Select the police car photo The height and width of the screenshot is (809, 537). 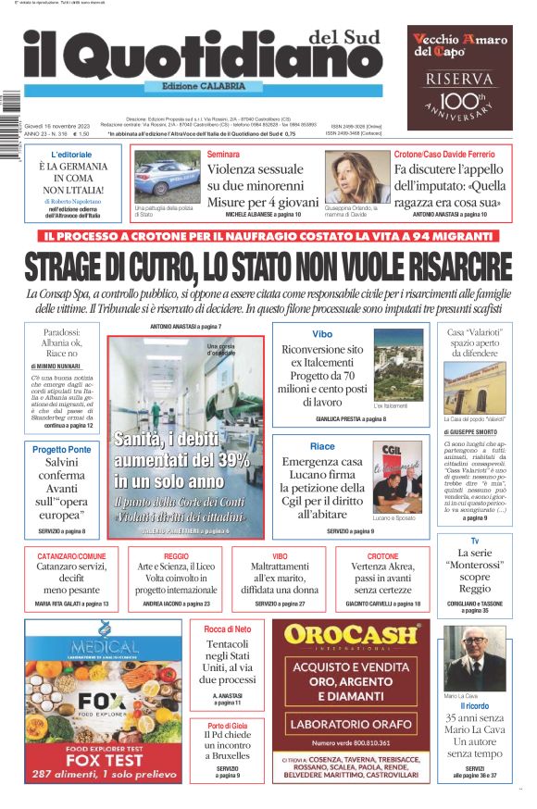167,174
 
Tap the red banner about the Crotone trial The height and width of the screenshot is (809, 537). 268,235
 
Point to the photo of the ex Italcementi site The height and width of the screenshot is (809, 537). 397,365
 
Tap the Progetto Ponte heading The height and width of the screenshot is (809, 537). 62,449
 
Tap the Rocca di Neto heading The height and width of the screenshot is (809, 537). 227,629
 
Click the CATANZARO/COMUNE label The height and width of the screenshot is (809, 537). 65,556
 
